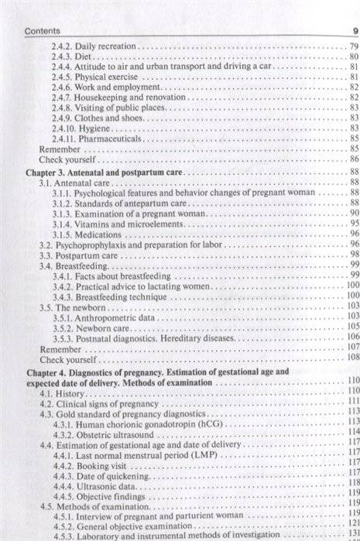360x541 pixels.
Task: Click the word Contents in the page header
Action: coord(42,30)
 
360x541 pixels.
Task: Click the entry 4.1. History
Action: coord(63,394)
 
